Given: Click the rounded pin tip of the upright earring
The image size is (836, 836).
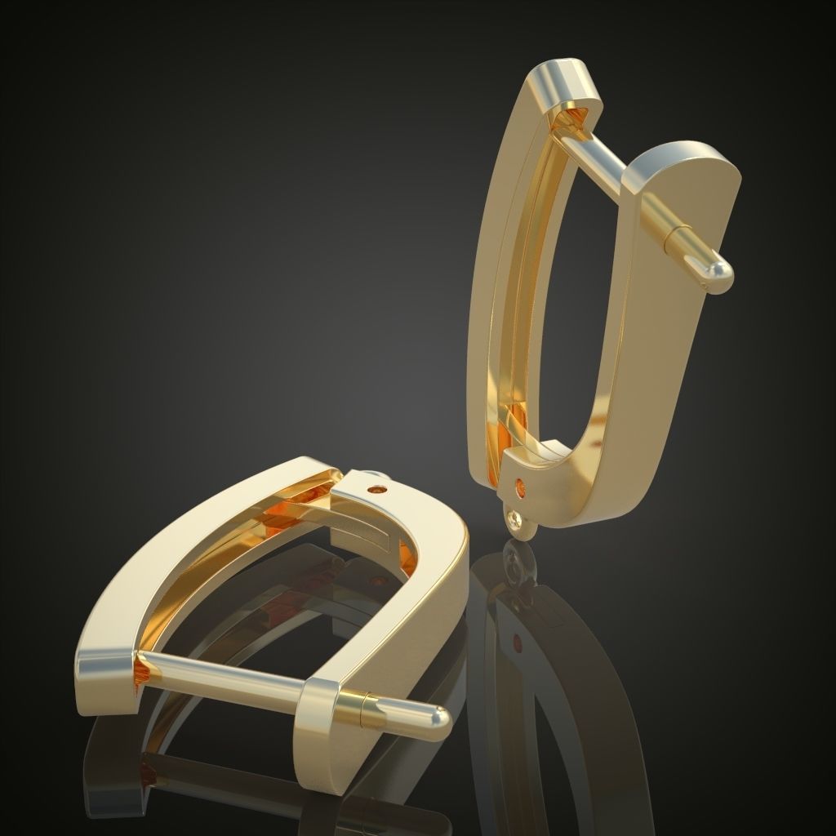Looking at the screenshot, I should point(718,275).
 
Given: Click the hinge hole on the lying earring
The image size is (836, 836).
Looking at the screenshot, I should point(377,490).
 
